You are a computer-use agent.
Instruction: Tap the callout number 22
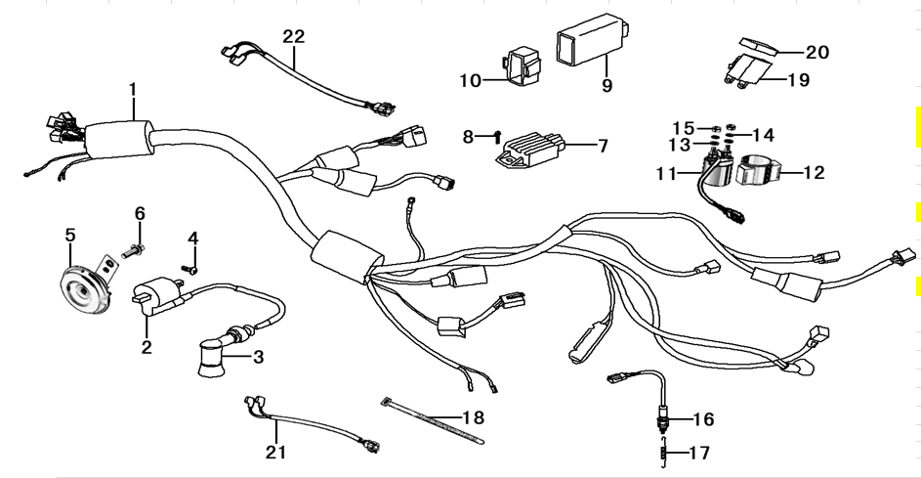[x=294, y=36]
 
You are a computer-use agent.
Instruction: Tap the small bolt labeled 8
[x=497, y=135]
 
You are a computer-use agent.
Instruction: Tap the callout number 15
[x=683, y=128]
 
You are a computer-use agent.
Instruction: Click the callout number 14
[x=762, y=134]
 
